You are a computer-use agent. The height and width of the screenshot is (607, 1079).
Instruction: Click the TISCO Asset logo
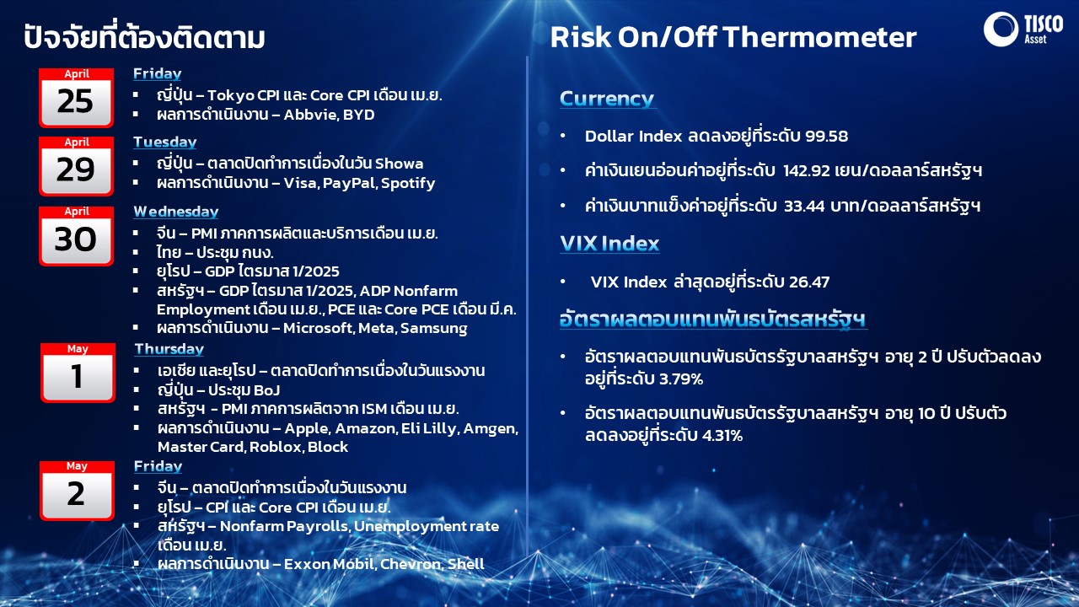click(x=1023, y=29)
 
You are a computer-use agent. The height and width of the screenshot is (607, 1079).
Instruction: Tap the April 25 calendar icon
click(x=76, y=98)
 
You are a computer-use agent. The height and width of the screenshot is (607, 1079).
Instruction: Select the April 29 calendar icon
click(x=76, y=166)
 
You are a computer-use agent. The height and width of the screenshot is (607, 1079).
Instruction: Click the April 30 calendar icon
click(x=76, y=236)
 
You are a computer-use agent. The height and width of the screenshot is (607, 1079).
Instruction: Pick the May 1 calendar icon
click(x=78, y=373)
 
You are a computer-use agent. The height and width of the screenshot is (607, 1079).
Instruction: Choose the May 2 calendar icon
click(x=77, y=491)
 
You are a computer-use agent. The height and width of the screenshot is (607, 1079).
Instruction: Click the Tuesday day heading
click(x=164, y=142)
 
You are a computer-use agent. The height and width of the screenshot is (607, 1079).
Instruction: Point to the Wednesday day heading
click(x=176, y=212)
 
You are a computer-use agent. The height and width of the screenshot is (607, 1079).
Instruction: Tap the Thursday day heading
click(x=169, y=349)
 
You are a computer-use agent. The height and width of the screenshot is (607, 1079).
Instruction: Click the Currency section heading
click(x=607, y=99)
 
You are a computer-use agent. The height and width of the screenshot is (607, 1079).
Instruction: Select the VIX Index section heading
click(x=609, y=244)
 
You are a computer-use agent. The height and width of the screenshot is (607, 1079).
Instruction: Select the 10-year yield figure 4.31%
click(x=722, y=436)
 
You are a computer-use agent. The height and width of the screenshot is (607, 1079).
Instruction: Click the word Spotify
click(x=408, y=184)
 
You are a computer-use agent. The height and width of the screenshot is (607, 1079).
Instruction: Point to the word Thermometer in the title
click(x=819, y=37)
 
